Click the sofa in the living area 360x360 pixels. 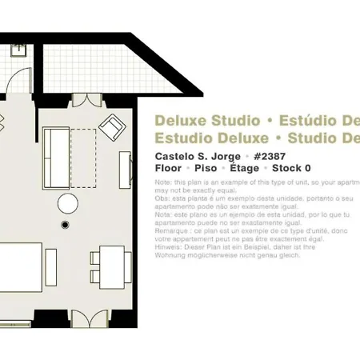tap(57, 146)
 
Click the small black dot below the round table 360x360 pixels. tap(66, 226)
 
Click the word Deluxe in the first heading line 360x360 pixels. tap(180, 122)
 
